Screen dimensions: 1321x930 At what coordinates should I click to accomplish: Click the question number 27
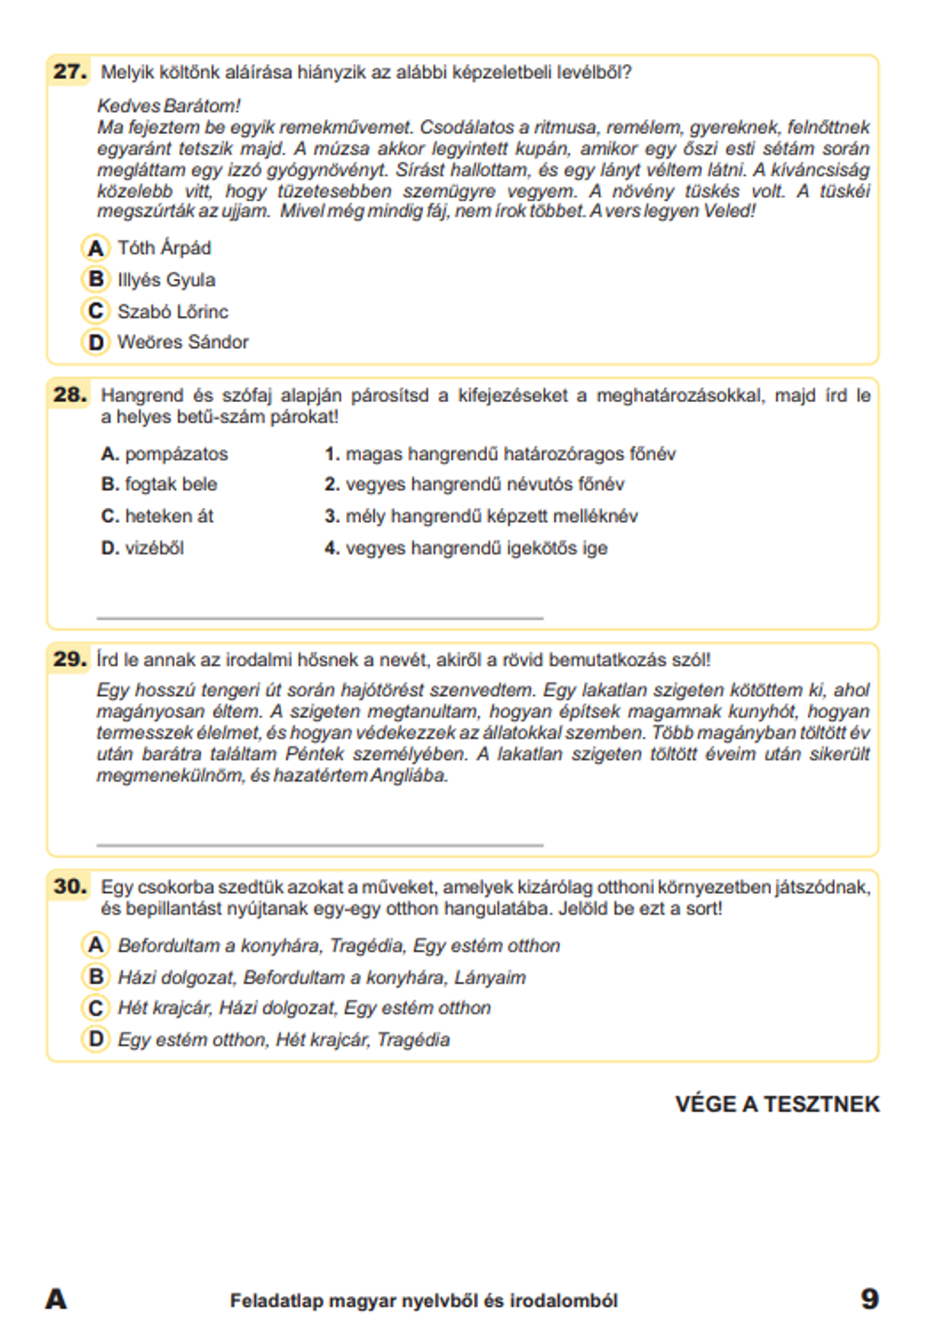point(70,72)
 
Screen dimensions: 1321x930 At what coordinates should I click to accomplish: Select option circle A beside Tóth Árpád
point(96,248)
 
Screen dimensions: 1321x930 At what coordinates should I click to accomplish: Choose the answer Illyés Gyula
point(166,280)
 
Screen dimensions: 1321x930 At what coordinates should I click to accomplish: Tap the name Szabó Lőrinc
point(172,312)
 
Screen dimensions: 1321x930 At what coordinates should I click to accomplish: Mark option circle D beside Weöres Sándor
point(96,342)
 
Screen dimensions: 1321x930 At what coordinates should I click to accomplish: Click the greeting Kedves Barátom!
point(168,106)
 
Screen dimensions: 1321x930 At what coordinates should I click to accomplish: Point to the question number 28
point(70,395)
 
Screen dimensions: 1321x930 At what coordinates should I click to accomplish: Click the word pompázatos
point(176,454)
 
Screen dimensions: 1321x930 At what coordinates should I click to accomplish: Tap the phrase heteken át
point(168,516)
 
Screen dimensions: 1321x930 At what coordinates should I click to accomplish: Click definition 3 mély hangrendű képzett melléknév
point(481,516)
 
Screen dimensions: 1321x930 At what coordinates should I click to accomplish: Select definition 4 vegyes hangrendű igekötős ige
point(465,548)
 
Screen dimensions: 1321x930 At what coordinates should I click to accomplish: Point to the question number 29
point(70,660)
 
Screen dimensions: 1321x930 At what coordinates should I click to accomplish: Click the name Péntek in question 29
point(314,754)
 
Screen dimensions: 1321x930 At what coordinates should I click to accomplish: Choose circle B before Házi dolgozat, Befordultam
point(96,977)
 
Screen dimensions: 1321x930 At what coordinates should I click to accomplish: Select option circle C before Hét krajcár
point(96,1007)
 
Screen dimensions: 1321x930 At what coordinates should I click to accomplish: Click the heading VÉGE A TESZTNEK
point(777,1104)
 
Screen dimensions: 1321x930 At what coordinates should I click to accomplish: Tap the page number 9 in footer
point(869,1299)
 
